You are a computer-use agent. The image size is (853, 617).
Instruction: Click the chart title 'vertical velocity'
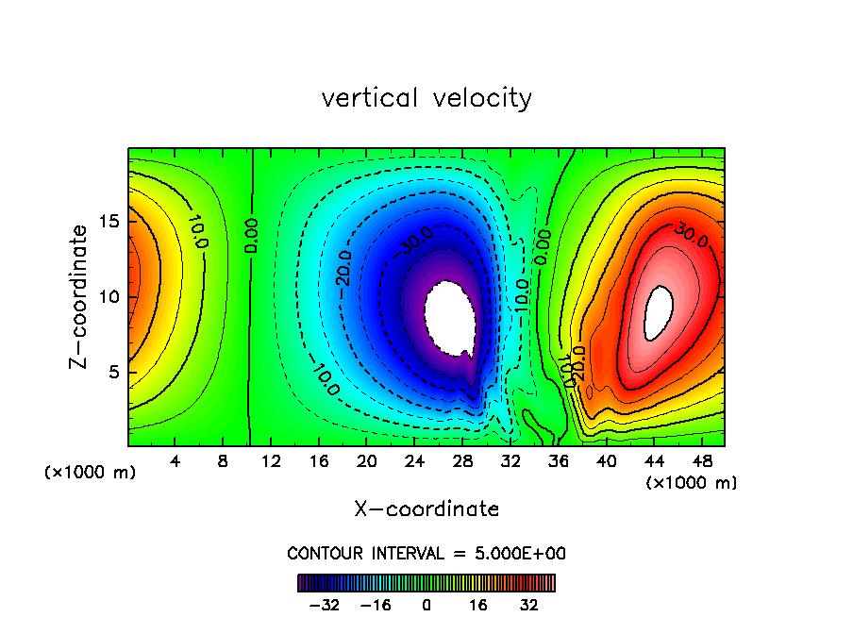(426, 98)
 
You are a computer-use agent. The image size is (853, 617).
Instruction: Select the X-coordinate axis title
(426, 509)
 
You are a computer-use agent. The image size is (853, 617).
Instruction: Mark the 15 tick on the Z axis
(109, 222)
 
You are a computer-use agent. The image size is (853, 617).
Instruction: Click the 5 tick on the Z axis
(113, 372)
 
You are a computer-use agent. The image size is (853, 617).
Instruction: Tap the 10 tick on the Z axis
(109, 296)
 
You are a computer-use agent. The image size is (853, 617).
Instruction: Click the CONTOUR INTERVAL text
(426, 553)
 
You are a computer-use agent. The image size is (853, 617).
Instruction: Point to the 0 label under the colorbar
(426, 604)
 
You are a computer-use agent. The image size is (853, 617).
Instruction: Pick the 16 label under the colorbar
(477, 604)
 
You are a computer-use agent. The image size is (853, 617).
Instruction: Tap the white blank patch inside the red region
(659, 313)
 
